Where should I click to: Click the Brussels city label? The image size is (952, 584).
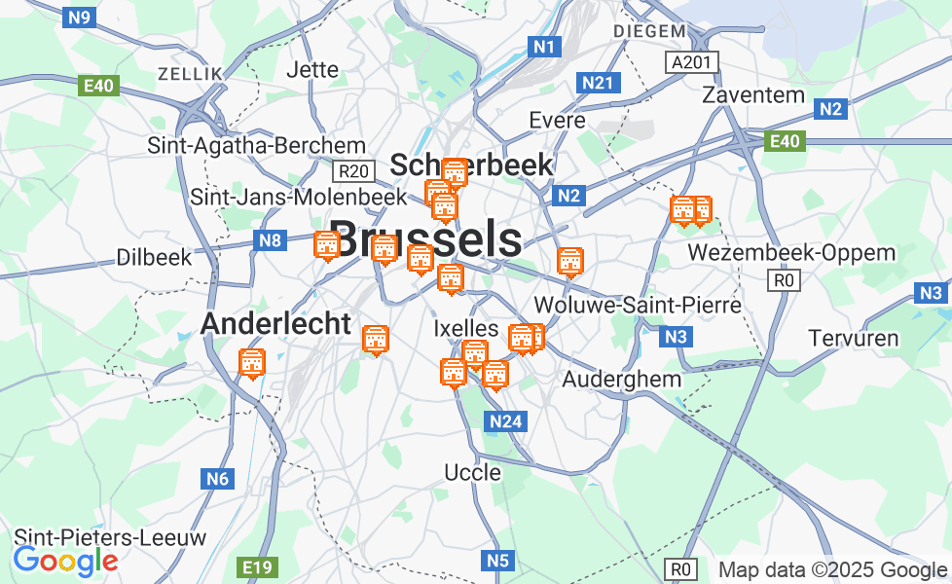point(425,238)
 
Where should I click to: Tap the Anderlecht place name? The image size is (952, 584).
point(275,324)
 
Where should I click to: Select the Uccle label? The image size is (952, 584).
point(472,473)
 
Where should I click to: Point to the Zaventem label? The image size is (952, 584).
point(753,95)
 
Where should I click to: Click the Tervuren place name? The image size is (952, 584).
point(853,339)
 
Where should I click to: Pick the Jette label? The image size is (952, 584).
point(312,70)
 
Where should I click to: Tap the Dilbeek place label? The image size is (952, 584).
point(154,258)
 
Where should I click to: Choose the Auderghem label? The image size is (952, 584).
point(622,379)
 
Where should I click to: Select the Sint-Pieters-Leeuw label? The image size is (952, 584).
point(110,537)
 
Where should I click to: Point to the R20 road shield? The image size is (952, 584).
point(352,171)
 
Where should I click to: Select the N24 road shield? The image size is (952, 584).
point(505,421)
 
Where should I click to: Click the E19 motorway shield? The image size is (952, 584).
point(258,566)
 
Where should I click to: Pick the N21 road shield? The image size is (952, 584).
point(597,84)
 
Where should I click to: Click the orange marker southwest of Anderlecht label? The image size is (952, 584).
point(252,363)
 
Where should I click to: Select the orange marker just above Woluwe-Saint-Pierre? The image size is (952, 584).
point(569,261)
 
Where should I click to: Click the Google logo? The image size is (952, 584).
point(65,561)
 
